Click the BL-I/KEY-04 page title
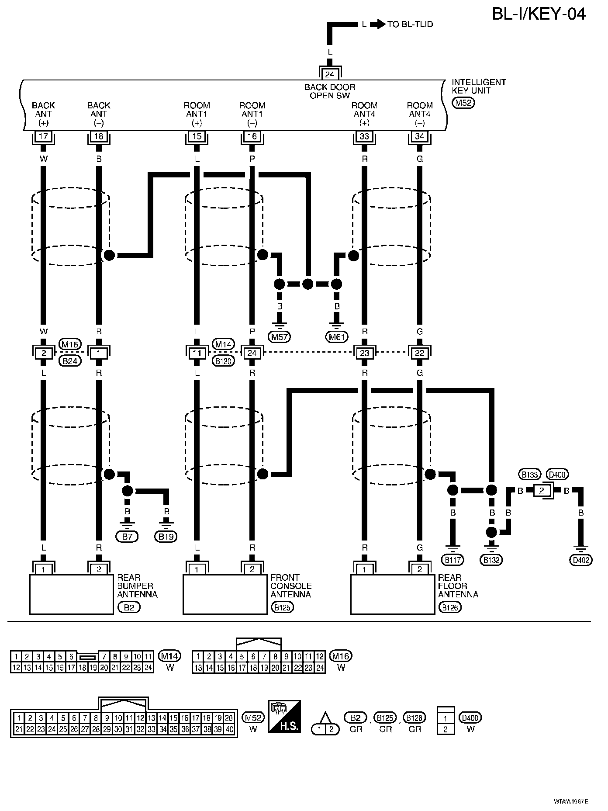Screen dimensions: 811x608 [x=539, y=14]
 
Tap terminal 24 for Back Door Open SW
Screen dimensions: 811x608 [x=330, y=73]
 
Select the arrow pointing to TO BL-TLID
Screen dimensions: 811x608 [x=377, y=24]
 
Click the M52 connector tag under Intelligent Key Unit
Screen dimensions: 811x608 [x=463, y=103]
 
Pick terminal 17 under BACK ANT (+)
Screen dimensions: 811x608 [x=43, y=136]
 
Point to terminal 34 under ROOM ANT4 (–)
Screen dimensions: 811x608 [x=419, y=136]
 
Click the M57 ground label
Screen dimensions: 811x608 [x=280, y=336]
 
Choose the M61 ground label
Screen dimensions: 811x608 [x=337, y=336]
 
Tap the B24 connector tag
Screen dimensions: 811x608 [x=70, y=361]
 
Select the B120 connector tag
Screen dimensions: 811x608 [x=224, y=361]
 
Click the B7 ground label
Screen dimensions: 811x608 [x=127, y=537]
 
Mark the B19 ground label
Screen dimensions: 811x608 [x=166, y=537]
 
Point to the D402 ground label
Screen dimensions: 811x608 [x=581, y=560]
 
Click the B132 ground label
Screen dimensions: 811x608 [x=491, y=560]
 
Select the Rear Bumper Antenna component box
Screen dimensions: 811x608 [x=72, y=594]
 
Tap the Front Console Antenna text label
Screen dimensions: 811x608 [x=291, y=586]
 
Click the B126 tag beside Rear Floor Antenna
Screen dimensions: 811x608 [x=450, y=607]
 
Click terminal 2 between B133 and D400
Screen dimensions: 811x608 [x=542, y=491]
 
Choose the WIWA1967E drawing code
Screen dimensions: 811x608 [x=570, y=801]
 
